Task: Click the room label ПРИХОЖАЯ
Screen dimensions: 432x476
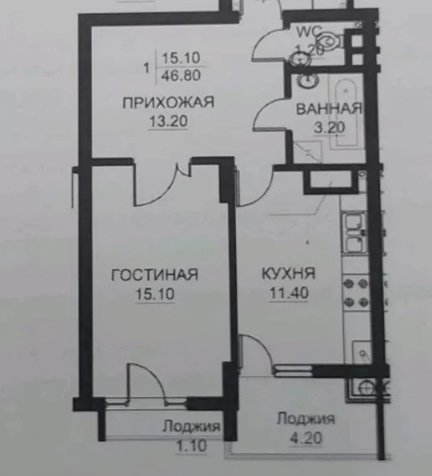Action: [168, 102]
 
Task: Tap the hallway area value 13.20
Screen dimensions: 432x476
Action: [168, 121]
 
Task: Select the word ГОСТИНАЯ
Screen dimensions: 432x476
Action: [155, 274]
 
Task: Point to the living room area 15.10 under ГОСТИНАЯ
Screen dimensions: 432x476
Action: [155, 294]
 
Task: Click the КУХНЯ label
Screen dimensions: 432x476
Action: [289, 274]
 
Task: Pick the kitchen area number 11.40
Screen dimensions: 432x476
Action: [289, 293]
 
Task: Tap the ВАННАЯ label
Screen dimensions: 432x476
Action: [329, 109]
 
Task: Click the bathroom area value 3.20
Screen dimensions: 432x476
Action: [330, 128]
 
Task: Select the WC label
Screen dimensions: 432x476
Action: [309, 32]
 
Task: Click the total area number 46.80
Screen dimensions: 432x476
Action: [181, 75]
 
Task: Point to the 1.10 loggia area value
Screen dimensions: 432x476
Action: [192, 445]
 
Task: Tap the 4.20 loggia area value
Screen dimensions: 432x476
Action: [306, 438]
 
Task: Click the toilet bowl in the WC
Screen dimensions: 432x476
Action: [330, 41]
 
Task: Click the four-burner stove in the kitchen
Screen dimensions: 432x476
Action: [356, 293]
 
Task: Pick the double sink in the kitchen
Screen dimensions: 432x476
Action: [354, 233]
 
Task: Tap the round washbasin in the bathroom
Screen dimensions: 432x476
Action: [308, 80]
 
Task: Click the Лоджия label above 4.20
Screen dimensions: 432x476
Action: [306, 419]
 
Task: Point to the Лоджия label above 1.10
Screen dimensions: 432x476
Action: [192, 426]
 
